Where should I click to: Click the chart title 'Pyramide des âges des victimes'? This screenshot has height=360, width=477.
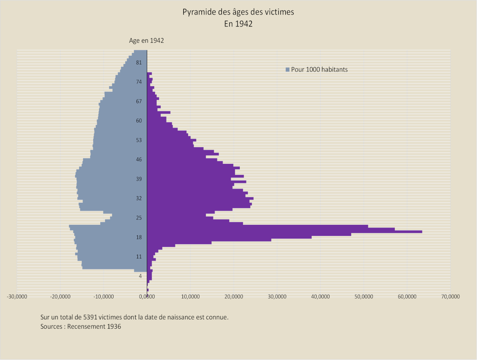[238, 12]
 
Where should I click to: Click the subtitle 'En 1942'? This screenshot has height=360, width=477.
[238, 24]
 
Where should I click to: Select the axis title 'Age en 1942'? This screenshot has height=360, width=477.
[146, 41]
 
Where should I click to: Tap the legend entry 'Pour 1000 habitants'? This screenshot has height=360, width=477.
[319, 69]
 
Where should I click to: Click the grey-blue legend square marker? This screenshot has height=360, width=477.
[288, 70]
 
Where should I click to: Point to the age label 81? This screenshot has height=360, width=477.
[139, 63]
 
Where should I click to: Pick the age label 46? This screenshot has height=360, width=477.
[139, 159]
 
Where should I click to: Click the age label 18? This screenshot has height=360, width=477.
[139, 237]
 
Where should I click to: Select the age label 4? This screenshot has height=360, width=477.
[140, 276]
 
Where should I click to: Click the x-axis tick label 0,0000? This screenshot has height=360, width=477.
[147, 296]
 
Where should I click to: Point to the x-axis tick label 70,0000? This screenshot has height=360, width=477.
[450, 296]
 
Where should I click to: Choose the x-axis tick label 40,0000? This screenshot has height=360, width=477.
[320, 296]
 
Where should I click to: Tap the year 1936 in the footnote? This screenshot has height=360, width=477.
[114, 326]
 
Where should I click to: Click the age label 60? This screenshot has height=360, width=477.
[139, 121]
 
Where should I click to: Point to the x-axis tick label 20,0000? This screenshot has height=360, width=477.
[233, 296]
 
